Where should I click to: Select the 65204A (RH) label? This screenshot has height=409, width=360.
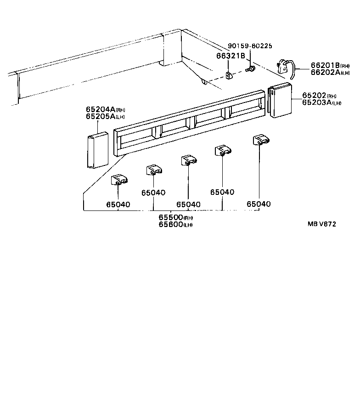[105, 109]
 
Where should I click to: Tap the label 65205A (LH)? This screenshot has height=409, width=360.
[105, 117]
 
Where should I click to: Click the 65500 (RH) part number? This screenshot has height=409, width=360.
[175, 217]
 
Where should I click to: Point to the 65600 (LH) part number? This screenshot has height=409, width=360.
[175, 224]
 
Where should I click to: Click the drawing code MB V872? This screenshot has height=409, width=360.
[322, 224]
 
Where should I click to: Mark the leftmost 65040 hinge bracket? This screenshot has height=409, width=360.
[119, 180]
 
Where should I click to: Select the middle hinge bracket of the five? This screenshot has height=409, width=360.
[188, 160]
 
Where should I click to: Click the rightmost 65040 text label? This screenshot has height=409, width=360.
[259, 204]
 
